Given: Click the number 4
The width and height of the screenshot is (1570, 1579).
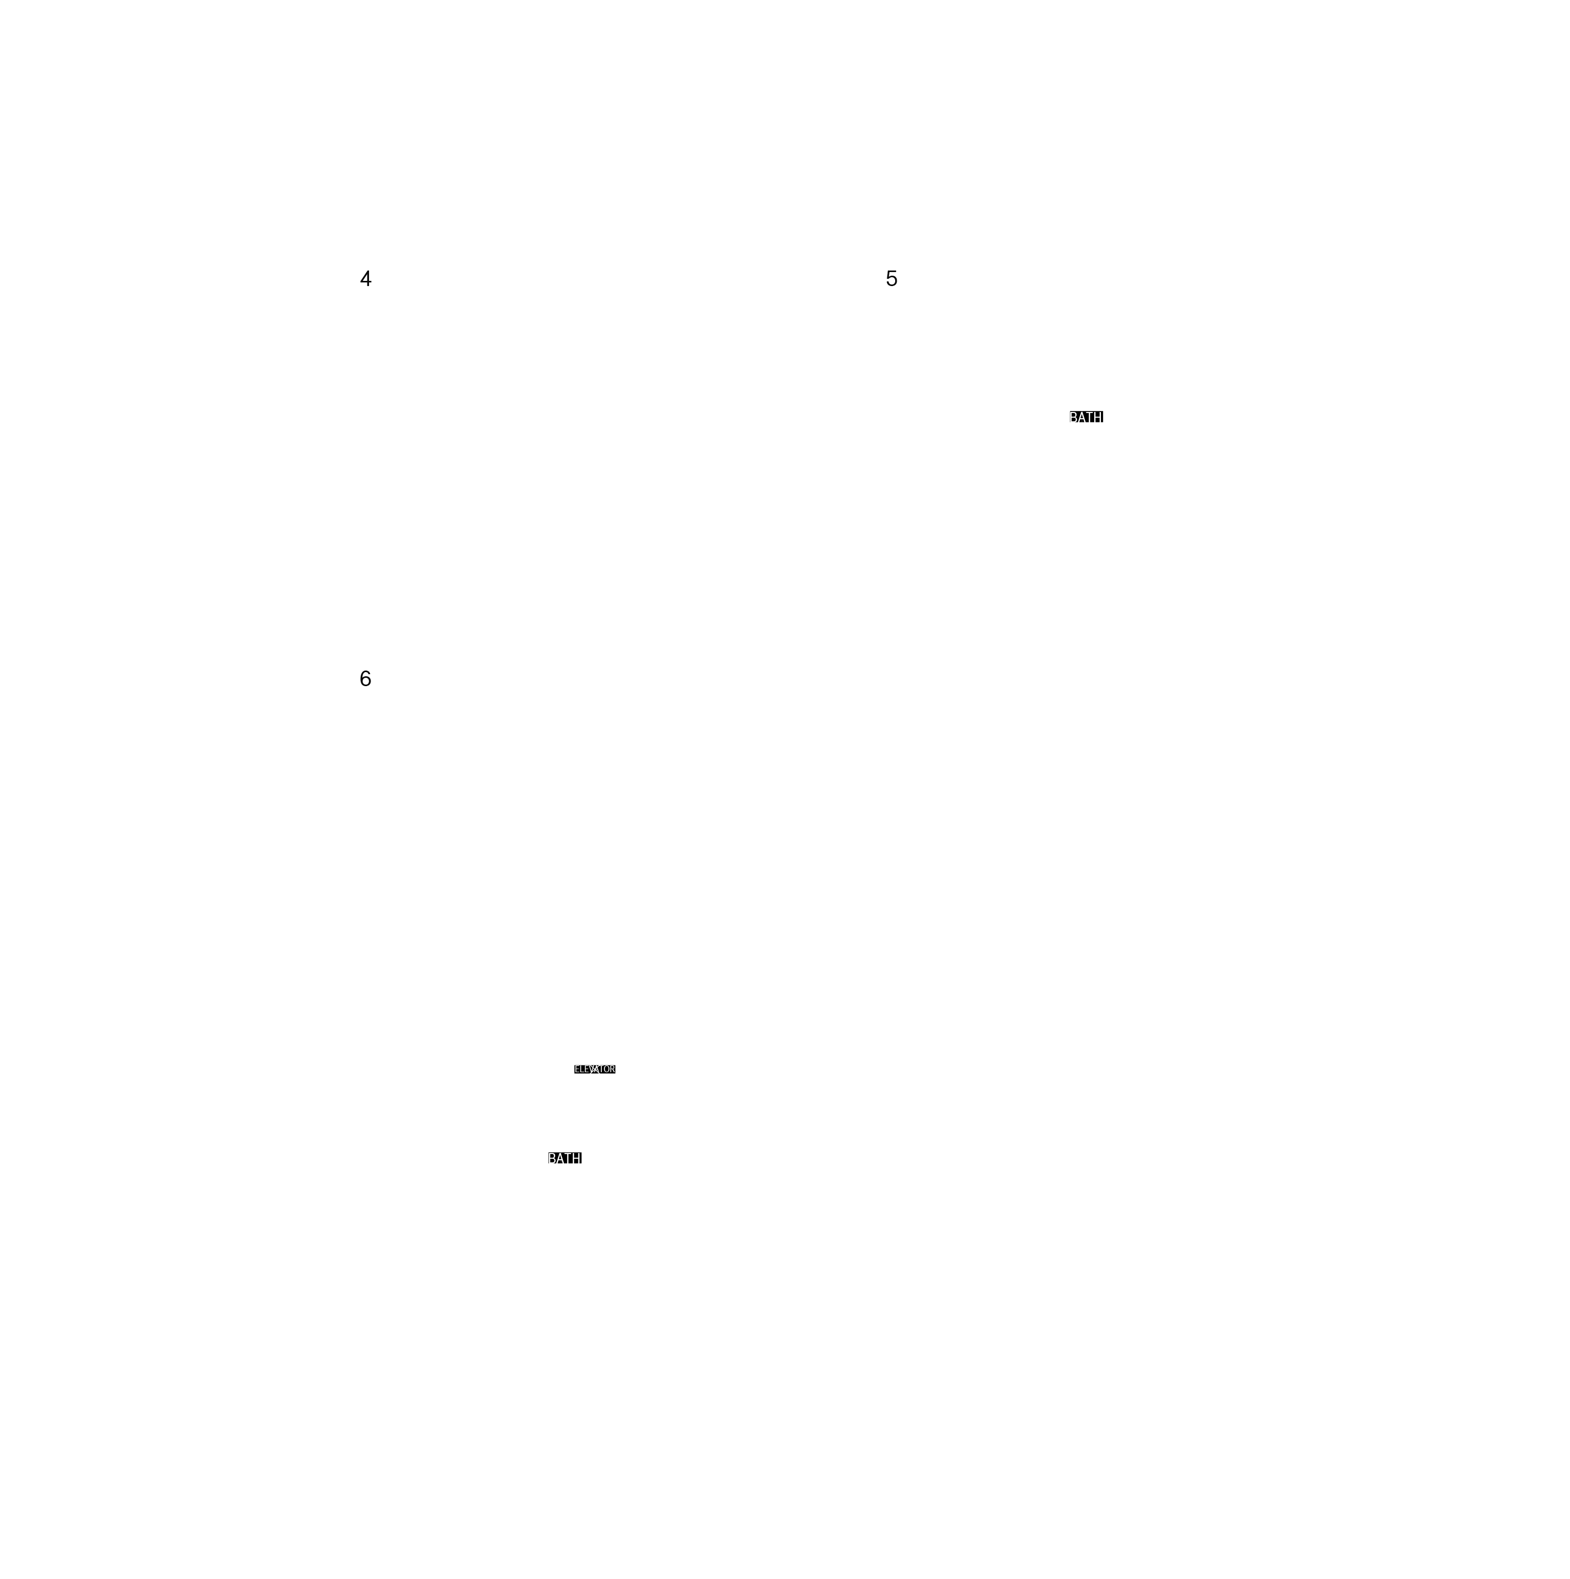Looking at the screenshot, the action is pyautogui.click(x=365, y=279).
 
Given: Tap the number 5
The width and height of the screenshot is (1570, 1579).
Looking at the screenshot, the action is pyautogui.click(x=892, y=279).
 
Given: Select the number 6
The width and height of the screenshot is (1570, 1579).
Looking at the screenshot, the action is pyautogui.click(x=365, y=678).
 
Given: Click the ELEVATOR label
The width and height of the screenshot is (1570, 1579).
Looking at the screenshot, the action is pyautogui.click(x=595, y=1069).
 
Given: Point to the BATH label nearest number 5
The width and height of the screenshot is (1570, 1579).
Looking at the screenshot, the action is pyautogui.click(x=1087, y=417).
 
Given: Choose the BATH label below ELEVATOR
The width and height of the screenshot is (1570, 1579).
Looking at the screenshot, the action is pyautogui.click(x=565, y=1158).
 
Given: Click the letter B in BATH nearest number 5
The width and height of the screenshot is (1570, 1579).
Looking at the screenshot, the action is pyautogui.click(x=1074, y=417).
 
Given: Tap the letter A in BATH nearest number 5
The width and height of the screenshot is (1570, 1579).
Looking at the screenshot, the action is pyautogui.click(x=1083, y=417).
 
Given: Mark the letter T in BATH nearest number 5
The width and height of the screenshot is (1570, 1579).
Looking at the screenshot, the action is pyautogui.click(x=1090, y=417).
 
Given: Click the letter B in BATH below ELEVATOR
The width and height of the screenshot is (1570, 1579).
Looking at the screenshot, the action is pyautogui.click(x=553, y=1158).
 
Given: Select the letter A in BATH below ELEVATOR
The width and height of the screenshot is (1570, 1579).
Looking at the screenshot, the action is pyautogui.click(x=561, y=1158).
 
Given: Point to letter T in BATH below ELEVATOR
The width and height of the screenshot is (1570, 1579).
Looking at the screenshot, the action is pyautogui.click(x=568, y=1158).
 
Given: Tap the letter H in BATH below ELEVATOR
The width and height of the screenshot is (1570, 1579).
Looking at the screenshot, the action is pyautogui.click(x=577, y=1158).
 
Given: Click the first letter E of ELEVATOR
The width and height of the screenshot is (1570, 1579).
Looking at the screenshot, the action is pyautogui.click(x=577, y=1069).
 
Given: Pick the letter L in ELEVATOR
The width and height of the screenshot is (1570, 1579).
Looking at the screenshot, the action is pyautogui.click(x=582, y=1069).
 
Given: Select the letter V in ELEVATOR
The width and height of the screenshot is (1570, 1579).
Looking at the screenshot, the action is pyautogui.click(x=592, y=1069).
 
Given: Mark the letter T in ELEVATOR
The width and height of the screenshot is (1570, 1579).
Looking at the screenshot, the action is pyautogui.click(x=602, y=1069).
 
